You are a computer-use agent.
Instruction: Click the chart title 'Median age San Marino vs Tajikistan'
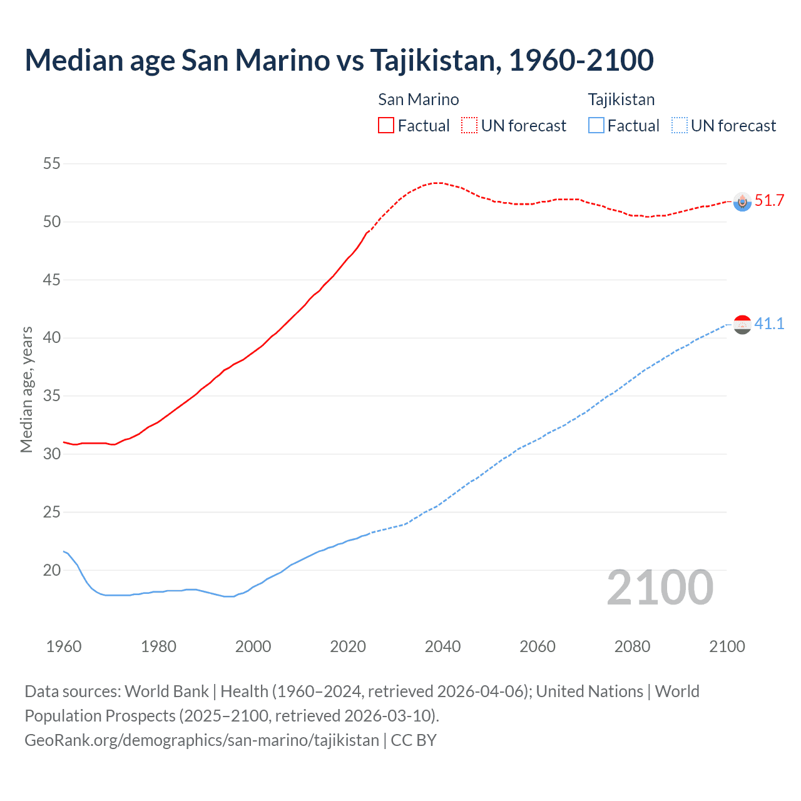coord(339,60)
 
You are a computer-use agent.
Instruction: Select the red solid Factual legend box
coord(386,125)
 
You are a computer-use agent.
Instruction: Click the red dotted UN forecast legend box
coord(469,125)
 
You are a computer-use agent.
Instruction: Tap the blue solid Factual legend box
coord(596,125)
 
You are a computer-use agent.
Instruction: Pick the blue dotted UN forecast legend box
coord(679,125)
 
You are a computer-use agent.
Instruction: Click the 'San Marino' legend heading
coord(418,99)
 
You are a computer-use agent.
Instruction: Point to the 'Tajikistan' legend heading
coord(621,99)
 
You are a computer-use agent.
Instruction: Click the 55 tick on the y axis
coord(52,164)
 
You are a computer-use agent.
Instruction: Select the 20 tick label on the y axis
coord(52,570)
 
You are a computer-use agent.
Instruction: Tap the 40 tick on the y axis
coord(52,338)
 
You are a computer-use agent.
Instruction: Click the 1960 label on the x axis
coord(64,646)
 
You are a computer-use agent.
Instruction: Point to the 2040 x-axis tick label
coord(442,646)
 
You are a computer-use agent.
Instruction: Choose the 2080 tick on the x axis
coord(632,646)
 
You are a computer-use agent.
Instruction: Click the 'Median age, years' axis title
coord(26,389)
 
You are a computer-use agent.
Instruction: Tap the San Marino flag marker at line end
coord(742,202)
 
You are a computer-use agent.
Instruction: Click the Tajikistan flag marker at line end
coord(742,324)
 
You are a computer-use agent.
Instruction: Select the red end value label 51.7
coord(769,201)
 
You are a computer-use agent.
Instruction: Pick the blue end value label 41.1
coord(769,324)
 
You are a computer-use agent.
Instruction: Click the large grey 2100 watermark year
coord(660,588)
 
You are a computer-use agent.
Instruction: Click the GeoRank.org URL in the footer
coord(202,740)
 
